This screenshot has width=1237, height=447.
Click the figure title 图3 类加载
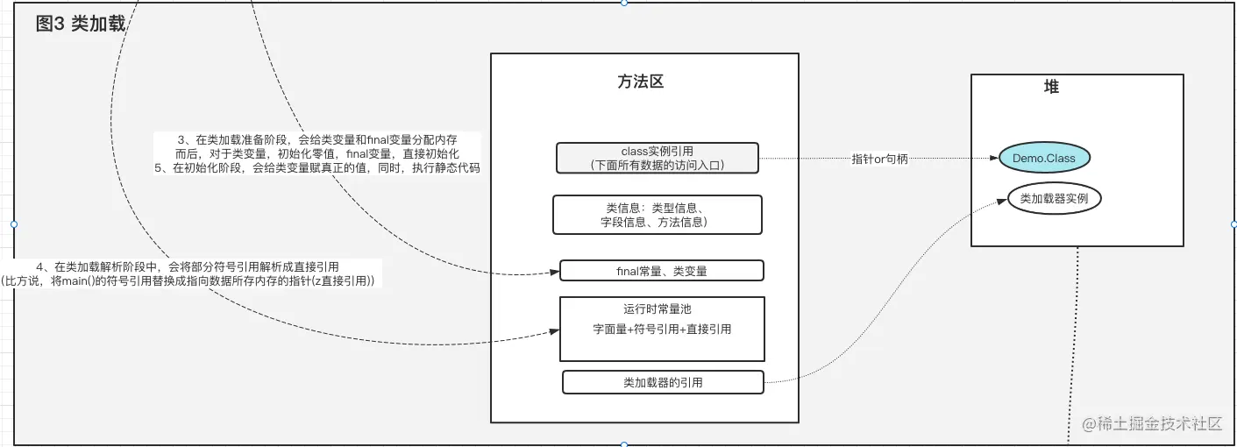point(80,25)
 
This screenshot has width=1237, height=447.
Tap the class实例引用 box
point(657,158)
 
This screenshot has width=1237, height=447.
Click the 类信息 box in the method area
point(657,215)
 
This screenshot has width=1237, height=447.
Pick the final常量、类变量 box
point(661,271)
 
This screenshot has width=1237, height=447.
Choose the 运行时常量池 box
point(662,329)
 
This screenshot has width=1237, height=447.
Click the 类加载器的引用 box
point(662,382)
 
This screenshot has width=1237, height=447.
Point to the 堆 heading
point(1051,87)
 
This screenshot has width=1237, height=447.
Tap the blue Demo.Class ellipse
point(1044,159)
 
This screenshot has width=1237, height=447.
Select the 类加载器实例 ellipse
point(1054,199)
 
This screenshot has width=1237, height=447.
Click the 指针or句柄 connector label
point(879,159)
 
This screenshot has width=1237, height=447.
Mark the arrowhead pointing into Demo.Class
point(994,159)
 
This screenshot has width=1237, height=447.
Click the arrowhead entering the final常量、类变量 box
point(555,273)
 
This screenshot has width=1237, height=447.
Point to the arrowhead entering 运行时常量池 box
point(555,331)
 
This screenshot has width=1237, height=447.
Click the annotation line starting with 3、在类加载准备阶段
point(317,139)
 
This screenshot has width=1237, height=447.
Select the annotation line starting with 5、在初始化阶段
point(316,167)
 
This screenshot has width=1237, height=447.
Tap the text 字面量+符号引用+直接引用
point(662,330)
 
